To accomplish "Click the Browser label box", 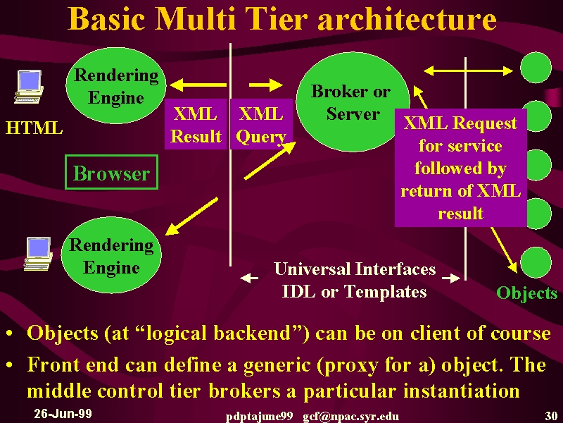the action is pyautogui.click(x=112, y=172).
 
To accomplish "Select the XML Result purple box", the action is pyautogui.click(x=196, y=124).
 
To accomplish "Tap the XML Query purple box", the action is pyautogui.click(x=261, y=124).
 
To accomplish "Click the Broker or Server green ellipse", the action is pyautogui.click(x=353, y=102).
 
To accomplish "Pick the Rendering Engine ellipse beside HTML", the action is pyautogui.click(x=116, y=85).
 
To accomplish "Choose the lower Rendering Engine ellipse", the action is pyautogui.click(x=111, y=255).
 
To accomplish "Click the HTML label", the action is pyautogui.click(x=34, y=128).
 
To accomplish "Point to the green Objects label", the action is pyautogui.click(x=526, y=293).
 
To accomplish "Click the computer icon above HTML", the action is pyautogui.click(x=29, y=87).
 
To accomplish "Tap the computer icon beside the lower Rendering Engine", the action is pyautogui.click(x=38, y=254).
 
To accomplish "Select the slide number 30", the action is pyautogui.click(x=551, y=416).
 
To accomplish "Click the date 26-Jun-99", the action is pyautogui.click(x=63, y=414).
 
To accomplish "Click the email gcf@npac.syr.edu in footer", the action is pyautogui.click(x=350, y=417).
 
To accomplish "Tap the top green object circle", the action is pyautogui.click(x=536, y=68).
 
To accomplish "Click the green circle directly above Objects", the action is pyautogui.click(x=536, y=262).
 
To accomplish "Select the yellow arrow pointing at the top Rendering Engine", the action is pyautogui.click(x=198, y=85).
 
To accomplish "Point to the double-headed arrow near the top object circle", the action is pyautogui.click(x=468, y=71).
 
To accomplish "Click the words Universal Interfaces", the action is pyautogui.click(x=355, y=269).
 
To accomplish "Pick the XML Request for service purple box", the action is pyautogui.click(x=461, y=168).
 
